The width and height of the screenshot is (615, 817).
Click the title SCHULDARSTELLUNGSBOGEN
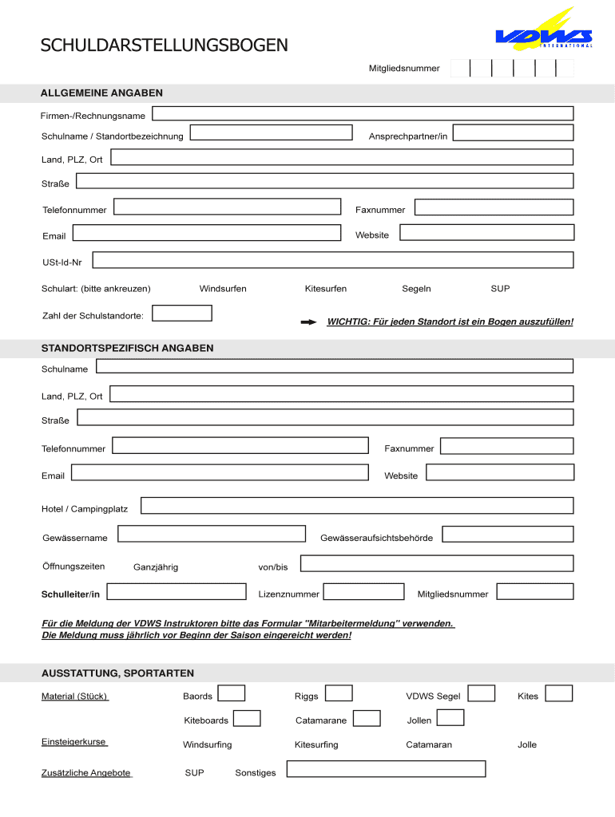click(165, 45)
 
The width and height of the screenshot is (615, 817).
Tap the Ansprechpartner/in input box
click(518, 132)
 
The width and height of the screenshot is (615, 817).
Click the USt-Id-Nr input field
click(332, 260)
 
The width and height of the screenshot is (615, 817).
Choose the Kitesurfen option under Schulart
click(325, 289)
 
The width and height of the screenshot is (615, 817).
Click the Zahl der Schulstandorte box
click(181, 314)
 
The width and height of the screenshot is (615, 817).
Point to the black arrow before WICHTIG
click(308, 322)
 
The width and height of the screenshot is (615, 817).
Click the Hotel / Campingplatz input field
click(356, 506)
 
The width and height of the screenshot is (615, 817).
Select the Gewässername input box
click(211, 534)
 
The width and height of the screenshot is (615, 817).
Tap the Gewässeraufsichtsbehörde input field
click(507, 534)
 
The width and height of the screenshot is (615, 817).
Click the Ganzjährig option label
click(156, 567)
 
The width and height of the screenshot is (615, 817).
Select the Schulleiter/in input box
click(176, 592)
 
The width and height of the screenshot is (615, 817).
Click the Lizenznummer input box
click(363, 592)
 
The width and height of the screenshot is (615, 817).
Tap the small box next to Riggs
click(339, 694)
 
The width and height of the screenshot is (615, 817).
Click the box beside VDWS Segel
click(482, 694)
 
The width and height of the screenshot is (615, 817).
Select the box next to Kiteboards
click(247, 719)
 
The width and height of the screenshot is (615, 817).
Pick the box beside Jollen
click(450, 718)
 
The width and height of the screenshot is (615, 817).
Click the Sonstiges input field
click(386, 769)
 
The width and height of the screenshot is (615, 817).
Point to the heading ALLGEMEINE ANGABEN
click(101, 93)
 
